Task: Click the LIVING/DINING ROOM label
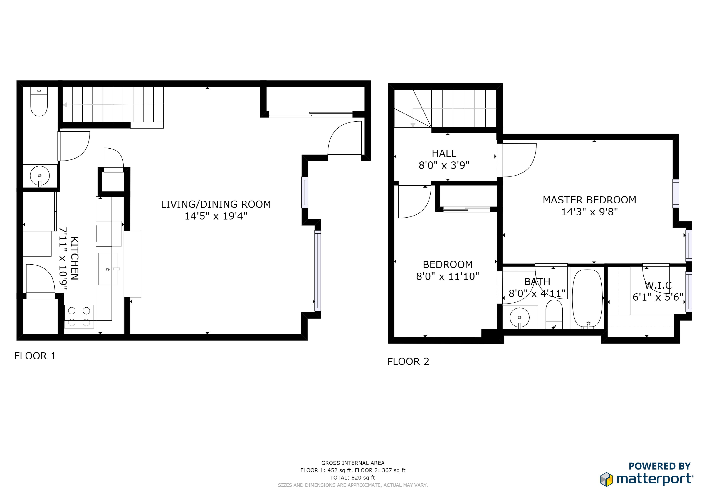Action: pos(216,204)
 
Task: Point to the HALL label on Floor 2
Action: pos(444,153)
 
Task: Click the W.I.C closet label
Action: pos(658,285)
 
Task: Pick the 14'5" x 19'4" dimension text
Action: pos(216,216)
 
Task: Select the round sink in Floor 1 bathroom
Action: pos(40,176)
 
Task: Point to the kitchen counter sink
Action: pos(108,269)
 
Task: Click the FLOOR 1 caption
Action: pos(35,356)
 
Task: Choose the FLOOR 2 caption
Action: pos(408,362)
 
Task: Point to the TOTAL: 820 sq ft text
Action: pos(353,477)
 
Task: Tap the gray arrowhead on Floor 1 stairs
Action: pos(65,105)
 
